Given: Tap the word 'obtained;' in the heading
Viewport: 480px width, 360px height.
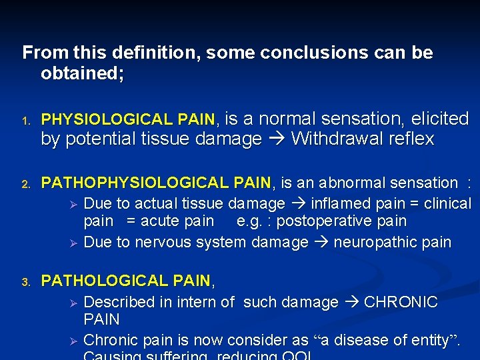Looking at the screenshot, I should tap(82, 74).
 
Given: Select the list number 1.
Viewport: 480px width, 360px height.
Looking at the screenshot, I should tap(25, 121).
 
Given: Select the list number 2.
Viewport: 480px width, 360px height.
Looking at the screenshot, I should tap(25, 184).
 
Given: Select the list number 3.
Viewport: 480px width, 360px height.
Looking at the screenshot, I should tap(25, 283).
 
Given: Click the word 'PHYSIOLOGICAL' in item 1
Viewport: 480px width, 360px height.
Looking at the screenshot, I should tap(103, 120).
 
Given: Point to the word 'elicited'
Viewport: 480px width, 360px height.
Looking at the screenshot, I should tap(440, 119).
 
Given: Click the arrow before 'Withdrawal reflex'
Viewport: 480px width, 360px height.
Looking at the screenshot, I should tap(276, 139).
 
